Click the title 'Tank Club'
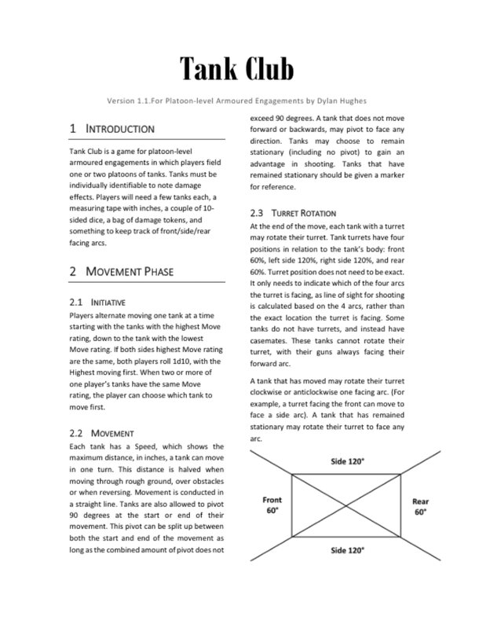pyautogui.click(x=236, y=70)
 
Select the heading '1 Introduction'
pyautogui.click(x=112, y=128)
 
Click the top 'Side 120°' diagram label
pyautogui.click(x=347, y=462)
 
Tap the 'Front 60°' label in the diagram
pyautogui.click(x=272, y=505)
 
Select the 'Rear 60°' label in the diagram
pyautogui.click(x=420, y=505)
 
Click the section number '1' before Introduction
pyautogui.click(x=72, y=128)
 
